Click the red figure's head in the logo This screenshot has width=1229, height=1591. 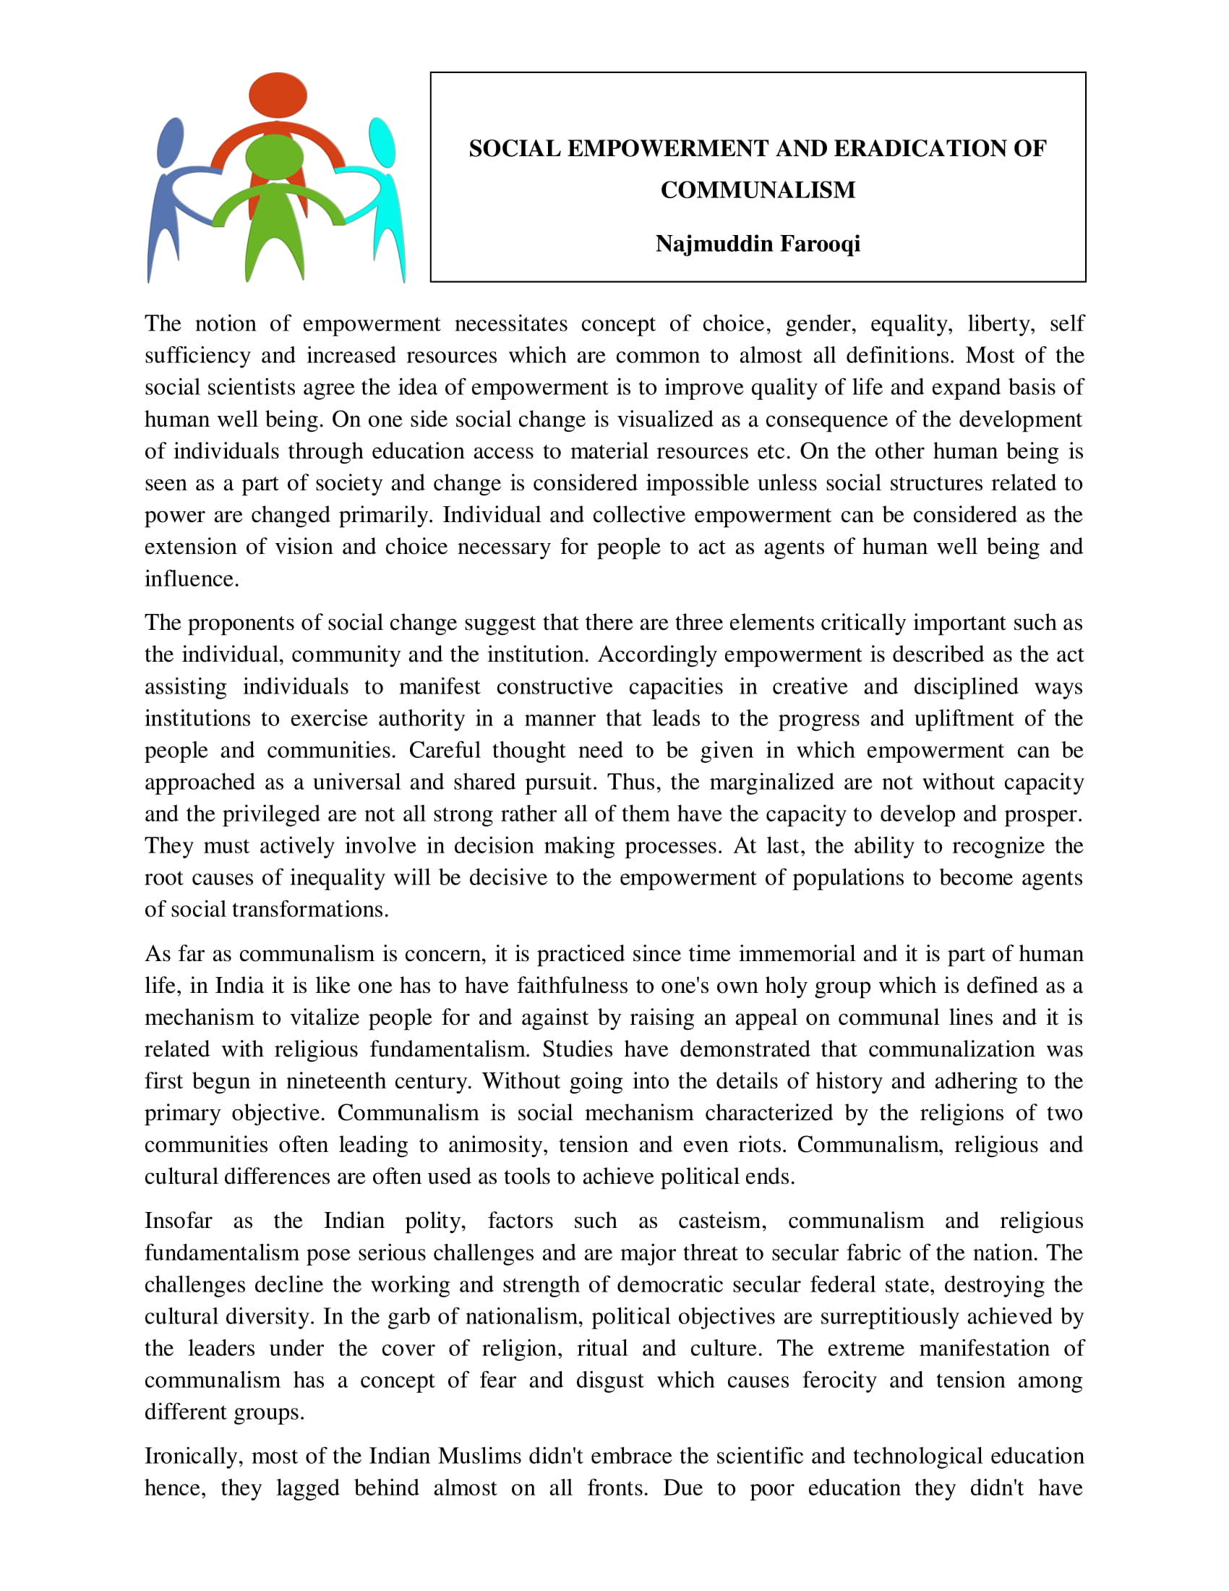click(x=278, y=95)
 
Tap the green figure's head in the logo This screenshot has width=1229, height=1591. click(x=274, y=157)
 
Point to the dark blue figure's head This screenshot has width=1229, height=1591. click(x=171, y=141)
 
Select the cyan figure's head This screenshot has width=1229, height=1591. click(x=382, y=141)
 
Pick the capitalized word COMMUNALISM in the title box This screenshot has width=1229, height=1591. click(x=757, y=190)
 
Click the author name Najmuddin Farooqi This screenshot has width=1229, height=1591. click(x=757, y=243)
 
